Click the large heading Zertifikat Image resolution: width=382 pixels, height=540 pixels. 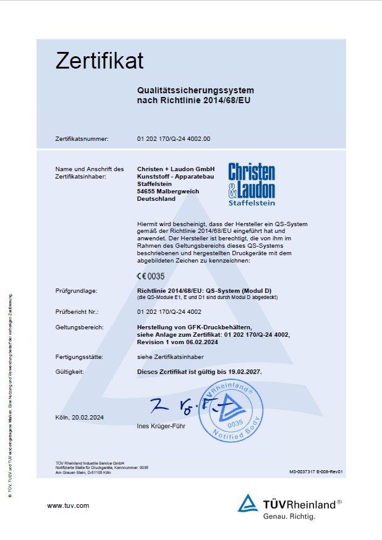click(100, 61)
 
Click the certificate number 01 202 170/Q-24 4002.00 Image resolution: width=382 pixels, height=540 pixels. click(173, 139)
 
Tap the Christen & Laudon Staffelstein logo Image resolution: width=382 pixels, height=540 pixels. click(252, 184)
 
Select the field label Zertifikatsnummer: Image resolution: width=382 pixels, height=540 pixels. click(82, 139)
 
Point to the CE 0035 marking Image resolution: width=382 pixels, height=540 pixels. click(151, 276)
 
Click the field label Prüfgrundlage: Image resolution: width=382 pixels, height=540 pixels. click(76, 290)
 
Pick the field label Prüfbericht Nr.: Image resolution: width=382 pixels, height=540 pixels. click(77, 312)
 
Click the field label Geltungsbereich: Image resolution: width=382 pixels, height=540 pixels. click(79, 327)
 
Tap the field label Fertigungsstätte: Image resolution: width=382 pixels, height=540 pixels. click(79, 357)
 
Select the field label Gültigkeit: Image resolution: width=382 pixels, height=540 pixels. click(69, 372)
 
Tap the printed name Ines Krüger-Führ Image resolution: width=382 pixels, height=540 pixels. click(164, 427)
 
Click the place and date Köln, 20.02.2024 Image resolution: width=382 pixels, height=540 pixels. click(80, 418)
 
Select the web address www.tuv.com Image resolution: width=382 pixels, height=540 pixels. click(68, 505)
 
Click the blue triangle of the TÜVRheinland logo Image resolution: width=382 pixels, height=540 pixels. click(248, 504)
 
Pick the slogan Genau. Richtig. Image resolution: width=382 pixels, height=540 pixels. click(289, 516)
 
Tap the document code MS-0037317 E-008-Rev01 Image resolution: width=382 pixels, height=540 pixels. click(315, 471)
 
